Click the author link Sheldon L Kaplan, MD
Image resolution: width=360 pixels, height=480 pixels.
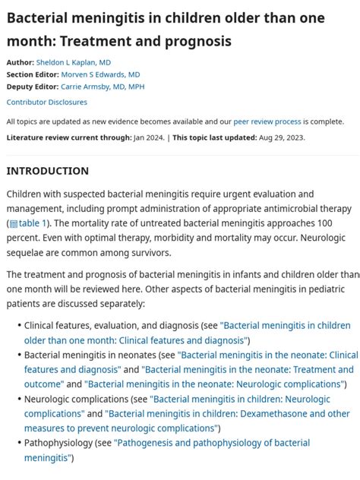pos(74,62)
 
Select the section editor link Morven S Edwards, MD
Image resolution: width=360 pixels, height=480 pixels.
pos(100,74)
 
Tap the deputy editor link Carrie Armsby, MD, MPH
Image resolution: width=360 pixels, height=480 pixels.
pos(103,87)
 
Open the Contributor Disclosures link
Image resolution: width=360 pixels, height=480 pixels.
pos(47,102)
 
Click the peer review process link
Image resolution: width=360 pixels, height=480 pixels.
pos(267,122)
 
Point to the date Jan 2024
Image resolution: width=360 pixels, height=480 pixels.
pos(148,137)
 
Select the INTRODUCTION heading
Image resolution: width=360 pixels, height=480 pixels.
pos(48,171)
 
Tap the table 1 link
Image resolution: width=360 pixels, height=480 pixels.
pos(33,223)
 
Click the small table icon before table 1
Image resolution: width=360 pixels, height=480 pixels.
pos(13,224)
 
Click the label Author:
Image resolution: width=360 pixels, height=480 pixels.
pos(21,62)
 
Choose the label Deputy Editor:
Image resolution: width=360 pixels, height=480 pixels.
pos(33,87)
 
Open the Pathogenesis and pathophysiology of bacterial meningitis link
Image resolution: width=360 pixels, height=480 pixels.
pos(212,443)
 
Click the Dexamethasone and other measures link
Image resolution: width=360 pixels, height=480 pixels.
pos(228,414)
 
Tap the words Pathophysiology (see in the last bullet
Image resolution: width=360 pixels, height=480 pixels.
pos(68,443)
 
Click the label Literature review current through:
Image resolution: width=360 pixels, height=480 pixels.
pos(68,137)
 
